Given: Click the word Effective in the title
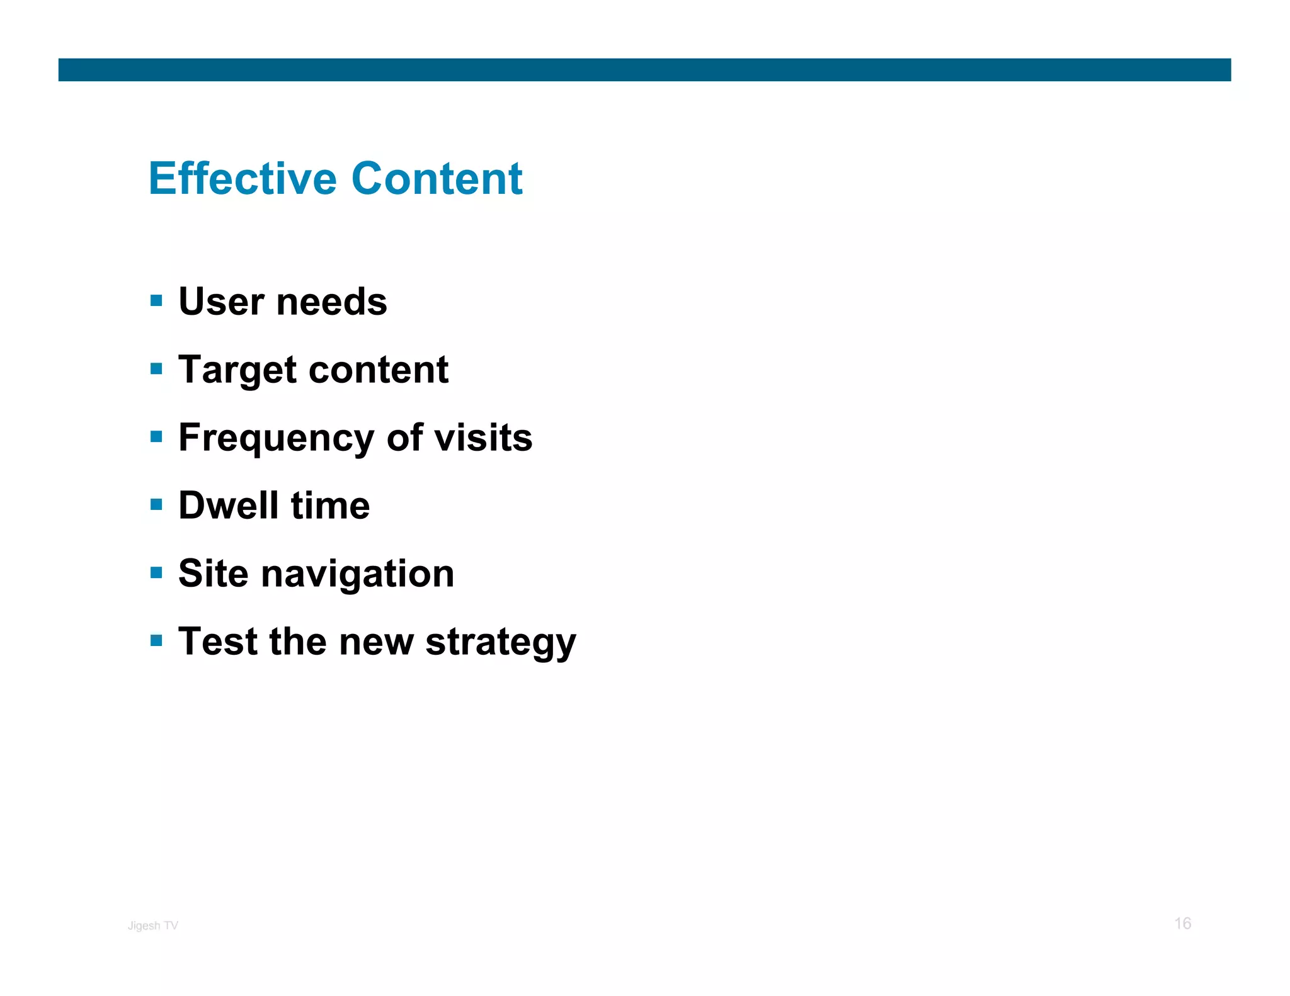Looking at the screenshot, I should coord(243,179).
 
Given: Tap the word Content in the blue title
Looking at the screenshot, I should coord(437,179).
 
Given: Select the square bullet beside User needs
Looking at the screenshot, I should coord(156,300).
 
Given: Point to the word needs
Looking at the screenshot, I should coord(332,302).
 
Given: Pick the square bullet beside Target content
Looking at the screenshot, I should coord(156,368).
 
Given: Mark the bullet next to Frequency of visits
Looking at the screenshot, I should coord(156,436).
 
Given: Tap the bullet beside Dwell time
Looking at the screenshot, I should coord(156,504).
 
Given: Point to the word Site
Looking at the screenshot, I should coord(214,574).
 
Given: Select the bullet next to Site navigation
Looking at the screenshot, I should coord(156,572).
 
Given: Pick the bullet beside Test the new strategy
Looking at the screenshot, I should coord(156,640).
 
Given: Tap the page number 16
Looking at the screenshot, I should coord(1182,924).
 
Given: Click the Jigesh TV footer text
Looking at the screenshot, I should coord(153,925).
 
